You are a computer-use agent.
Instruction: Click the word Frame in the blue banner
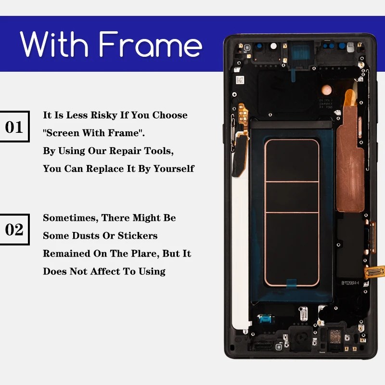[151, 44]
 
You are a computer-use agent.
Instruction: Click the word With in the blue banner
[54, 44]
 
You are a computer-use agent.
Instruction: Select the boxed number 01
[14, 127]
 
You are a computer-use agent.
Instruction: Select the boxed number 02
[14, 230]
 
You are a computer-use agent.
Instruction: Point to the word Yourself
[174, 169]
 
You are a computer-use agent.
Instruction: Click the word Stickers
[138, 236]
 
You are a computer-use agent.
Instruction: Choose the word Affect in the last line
[105, 271]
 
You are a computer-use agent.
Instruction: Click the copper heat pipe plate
[350, 157]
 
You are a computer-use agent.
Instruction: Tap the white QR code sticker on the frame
[240, 80]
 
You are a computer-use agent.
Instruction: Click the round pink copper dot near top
[326, 90]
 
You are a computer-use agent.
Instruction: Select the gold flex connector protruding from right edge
[374, 272]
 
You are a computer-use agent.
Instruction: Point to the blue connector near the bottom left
[265, 319]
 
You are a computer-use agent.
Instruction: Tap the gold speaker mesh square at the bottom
[335, 336]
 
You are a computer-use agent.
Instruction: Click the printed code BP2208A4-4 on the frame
[350, 283]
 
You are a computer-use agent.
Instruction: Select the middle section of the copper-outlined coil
[292, 197]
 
